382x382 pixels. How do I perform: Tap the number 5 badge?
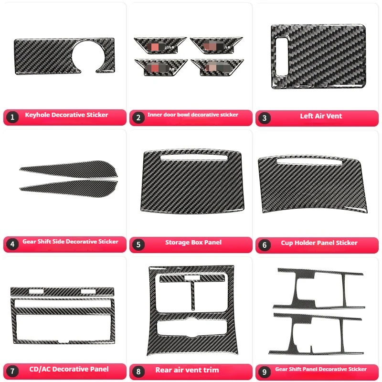(138, 244)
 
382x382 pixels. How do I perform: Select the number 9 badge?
(265, 371)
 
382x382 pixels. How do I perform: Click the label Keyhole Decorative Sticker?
(66, 115)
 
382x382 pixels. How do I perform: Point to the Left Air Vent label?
(321, 116)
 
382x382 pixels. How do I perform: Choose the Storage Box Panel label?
(193, 243)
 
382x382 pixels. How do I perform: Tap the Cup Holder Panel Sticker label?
(319, 243)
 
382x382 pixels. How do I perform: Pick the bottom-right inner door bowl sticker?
(216, 67)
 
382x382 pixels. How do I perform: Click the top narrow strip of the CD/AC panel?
(63, 291)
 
